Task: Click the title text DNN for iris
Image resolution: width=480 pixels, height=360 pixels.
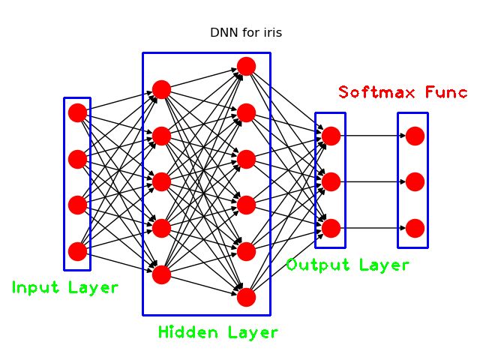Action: [245, 33]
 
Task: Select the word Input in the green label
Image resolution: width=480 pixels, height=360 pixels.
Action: [35, 287]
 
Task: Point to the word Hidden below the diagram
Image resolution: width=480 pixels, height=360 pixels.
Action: [186, 332]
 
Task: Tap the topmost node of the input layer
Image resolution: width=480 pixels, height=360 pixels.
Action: [77, 113]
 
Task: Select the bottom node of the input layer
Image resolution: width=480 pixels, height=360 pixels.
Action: [77, 251]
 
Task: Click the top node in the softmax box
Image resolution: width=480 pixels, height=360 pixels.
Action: [415, 136]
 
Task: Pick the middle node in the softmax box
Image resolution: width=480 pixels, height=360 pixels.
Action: [415, 181]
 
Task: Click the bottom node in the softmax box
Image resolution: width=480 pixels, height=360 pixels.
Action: [415, 228]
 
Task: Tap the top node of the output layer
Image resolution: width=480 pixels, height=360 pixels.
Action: [331, 136]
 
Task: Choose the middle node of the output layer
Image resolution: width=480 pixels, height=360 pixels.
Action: [331, 181]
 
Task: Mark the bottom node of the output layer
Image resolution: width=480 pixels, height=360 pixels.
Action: [331, 228]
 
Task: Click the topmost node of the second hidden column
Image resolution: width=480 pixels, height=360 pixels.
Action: [246, 67]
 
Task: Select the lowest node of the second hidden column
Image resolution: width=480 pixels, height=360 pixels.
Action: [246, 297]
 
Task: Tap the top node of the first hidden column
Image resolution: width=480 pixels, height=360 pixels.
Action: [161, 90]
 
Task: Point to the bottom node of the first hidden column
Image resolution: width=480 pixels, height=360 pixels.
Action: [161, 274]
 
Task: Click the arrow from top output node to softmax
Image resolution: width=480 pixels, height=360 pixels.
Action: [373, 136]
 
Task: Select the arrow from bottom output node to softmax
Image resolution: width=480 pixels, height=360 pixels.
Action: [373, 228]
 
